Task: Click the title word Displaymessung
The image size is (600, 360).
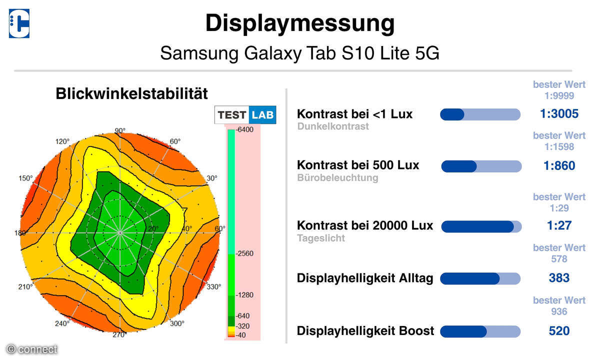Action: (x=300, y=23)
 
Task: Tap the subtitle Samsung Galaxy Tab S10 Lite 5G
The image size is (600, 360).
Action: (x=299, y=52)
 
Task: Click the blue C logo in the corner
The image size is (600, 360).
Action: (x=19, y=23)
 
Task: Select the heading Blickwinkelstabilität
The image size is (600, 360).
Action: (x=131, y=93)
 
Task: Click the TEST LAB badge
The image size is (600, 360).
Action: (x=245, y=115)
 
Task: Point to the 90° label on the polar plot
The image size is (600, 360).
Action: (x=120, y=131)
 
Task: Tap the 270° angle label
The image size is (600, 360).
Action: (x=119, y=334)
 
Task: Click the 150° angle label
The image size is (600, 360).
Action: (x=25, y=178)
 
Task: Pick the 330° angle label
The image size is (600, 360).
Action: (x=213, y=286)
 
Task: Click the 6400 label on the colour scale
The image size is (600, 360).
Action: (x=245, y=129)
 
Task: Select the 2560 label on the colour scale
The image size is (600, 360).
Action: (x=245, y=253)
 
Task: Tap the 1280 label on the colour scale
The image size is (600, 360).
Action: (x=245, y=295)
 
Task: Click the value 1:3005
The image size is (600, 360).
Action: (x=559, y=114)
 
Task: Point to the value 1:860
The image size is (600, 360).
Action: (x=559, y=165)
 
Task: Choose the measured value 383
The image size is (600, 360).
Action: (x=559, y=278)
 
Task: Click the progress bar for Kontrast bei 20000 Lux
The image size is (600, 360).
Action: (x=481, y=226)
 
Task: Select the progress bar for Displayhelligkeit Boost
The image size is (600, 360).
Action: (x=480, y=331)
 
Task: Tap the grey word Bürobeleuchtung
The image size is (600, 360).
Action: (x=338, y=177)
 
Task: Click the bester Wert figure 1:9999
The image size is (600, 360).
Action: (x=559, y=95)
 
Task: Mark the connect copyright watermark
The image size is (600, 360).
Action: (x=31, y=349)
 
